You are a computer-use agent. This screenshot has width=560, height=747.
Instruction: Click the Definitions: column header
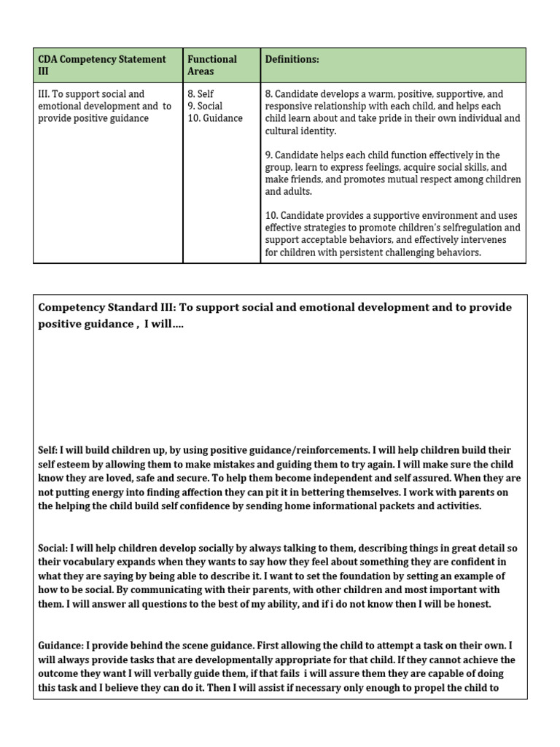(x=292, y=59)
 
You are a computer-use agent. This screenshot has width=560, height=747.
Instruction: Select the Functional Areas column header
(x=212, y=65)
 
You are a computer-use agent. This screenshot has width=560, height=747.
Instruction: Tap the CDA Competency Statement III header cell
(x=102, y=65)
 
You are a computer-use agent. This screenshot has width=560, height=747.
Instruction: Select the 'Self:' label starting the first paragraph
(x=47, y=450)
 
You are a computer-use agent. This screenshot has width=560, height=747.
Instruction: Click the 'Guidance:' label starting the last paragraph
(x=61, y=646)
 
